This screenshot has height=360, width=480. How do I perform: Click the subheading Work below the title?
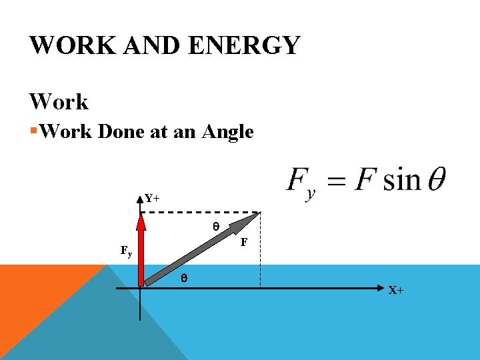pyautogui.click(x=59, y=102)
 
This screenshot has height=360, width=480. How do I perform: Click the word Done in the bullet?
pyautogui.click(x=122, y=132)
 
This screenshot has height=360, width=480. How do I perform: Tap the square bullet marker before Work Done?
pyautogui.click(x=33, y=131)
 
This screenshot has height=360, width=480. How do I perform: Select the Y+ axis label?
pyautogui.click(x=152, y=198)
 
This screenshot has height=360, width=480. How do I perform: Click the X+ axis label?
pyautogui.click(x=396, y=291)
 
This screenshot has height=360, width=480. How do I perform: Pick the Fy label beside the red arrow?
pyautogui.click(x=126, y=252)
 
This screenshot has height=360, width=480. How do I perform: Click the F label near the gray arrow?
pyautogui.click(x=244, y=243)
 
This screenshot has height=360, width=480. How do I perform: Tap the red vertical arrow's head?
pyautogui.click(x=140, y=219)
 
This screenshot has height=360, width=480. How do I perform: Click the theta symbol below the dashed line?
pyautogui.click(x=215, y=227)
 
